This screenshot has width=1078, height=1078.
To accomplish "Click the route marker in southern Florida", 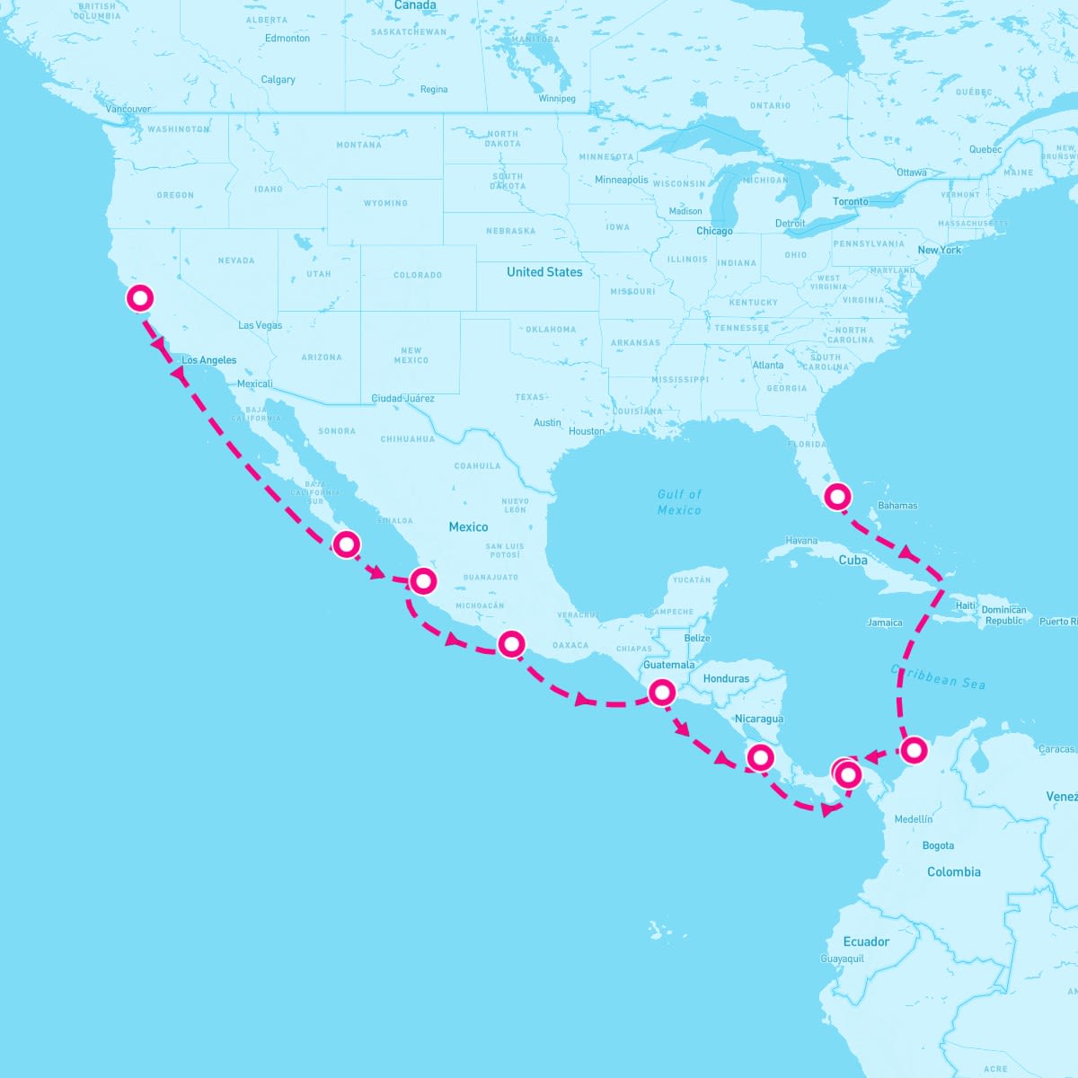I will click(x=837, y=495).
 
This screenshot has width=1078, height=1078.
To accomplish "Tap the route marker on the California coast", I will click(x=139, y=298).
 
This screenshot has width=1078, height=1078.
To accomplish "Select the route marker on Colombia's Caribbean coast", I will click(x=913, y=748).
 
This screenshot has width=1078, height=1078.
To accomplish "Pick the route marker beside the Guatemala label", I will click(x=662, y=692).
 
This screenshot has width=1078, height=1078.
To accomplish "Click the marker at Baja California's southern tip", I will click(x=346, y=543).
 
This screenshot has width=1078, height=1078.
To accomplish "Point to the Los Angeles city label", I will click(x=209, y=360).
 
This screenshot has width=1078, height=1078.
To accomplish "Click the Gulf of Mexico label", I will click(x=679, y=502).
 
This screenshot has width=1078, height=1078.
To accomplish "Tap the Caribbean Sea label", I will click(x=938, y=676).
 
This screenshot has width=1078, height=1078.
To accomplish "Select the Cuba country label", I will click(x=853, y=560).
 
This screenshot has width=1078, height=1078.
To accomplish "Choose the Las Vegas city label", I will click(x=261, y=325).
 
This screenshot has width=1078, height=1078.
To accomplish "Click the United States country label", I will click(x=544, y=272).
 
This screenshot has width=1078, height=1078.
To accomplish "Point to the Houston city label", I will click(x=587, y=431).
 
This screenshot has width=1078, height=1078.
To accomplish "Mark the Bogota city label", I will click(x=938, y=845).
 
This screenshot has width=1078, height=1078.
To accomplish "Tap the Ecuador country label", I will click(x=866, y=941).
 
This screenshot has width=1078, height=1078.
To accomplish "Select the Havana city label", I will click(x=801, y=541).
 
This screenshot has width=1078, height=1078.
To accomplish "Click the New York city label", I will click(x=939, y=250).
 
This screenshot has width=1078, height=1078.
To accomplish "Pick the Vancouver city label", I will click(x=128, y=109).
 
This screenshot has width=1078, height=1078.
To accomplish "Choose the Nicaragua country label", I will click(x=759, y=719).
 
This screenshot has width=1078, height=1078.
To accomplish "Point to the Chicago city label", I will click(x=714, y=231).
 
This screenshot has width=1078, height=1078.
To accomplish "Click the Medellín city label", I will click(x=914, y=819).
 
